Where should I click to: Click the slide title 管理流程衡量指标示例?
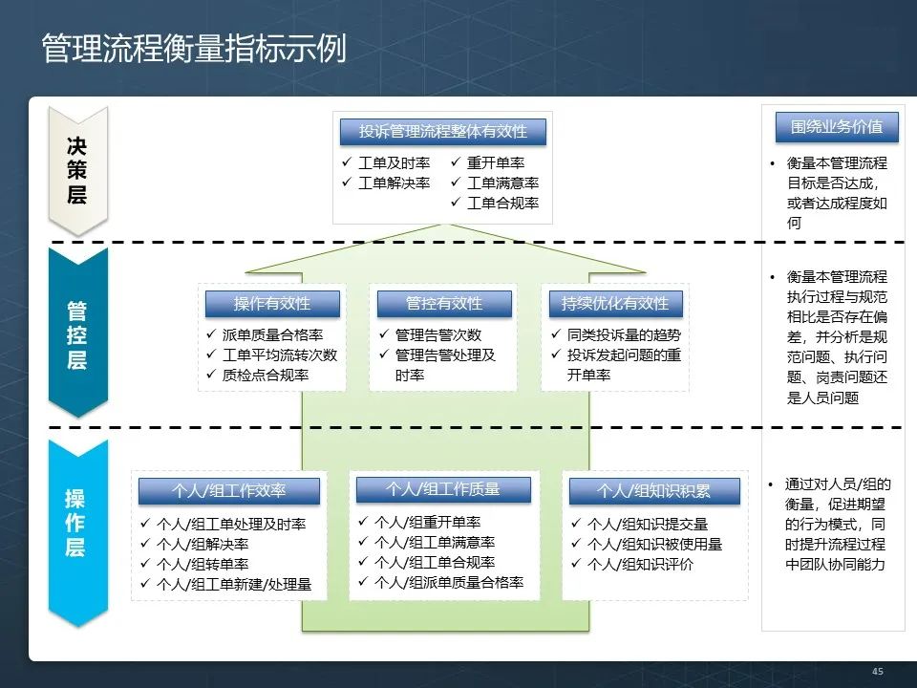[193, 50]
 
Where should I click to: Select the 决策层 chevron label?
[76, 170]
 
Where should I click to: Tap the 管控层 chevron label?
[76, 334]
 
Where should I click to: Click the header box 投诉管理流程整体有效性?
[442, 132]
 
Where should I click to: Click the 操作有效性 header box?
[272, 304]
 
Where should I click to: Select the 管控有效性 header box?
[444, 304]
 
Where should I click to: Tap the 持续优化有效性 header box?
[615, 304]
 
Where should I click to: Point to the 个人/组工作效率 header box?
[228, 491]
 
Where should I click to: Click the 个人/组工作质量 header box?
[442, 489]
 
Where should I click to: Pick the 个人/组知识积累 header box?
[654, 491]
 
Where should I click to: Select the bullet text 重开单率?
[495, 163]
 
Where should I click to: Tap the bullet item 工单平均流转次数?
[279, 355]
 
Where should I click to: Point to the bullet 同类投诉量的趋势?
[624, 335]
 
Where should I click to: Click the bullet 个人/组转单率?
[202, 565]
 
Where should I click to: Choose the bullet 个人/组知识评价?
[639, 565]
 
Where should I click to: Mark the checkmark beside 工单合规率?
[455, 204]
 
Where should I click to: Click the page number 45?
[878, 672]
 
